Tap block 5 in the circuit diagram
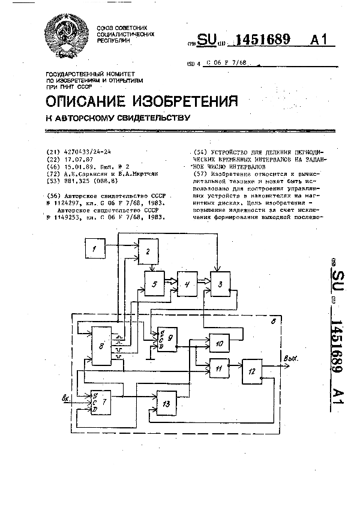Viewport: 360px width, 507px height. (155, 284)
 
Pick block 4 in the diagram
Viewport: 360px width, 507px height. (187, 284)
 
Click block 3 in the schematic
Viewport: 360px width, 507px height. (220, 284)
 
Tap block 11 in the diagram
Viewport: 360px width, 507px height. (219, 367)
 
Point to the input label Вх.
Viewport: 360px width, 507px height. (67, 397)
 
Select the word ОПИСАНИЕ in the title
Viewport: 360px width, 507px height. (93, 100)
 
